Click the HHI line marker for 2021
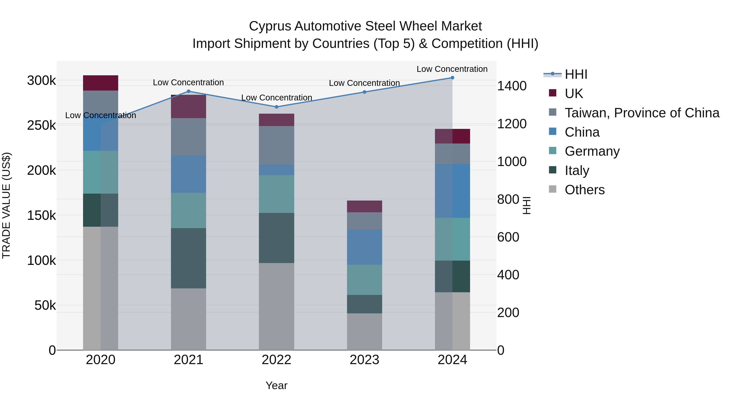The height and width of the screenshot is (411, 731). click(189, 91)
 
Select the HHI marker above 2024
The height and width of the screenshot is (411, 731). click(452, 78)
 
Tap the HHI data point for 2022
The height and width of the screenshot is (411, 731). click(277, 107)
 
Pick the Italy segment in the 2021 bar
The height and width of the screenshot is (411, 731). click(188, 258)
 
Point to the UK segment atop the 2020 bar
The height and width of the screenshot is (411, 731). click(101, 83)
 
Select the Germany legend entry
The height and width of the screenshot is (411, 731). click(592, 151)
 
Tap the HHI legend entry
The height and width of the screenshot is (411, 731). click(576, 74)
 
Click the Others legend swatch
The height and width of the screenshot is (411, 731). click(553, 189)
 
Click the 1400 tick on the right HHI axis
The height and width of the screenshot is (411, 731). click(512, 86)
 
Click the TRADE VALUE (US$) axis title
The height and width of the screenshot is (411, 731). click(6, 205)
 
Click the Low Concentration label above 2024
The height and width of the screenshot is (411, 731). click(452, 69)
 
